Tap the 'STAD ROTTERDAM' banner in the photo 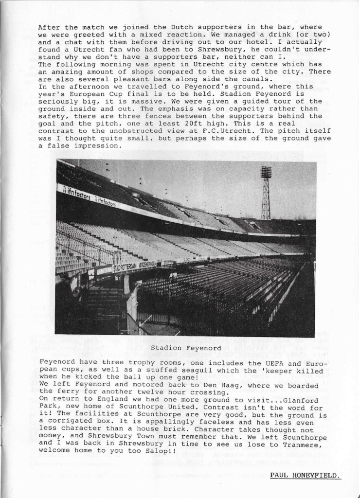pos(125,267)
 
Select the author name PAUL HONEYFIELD pos(306,475)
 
